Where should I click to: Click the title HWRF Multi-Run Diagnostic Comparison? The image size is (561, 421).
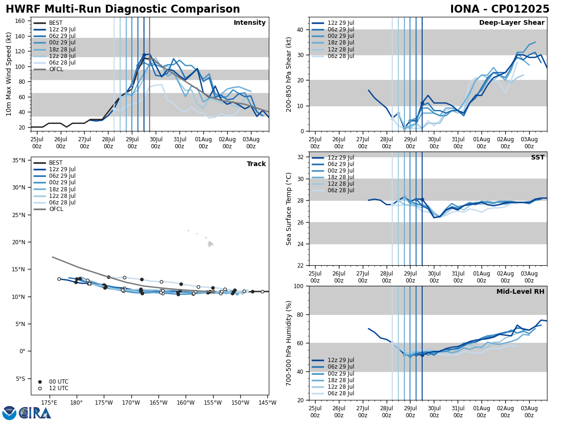click(122, 9)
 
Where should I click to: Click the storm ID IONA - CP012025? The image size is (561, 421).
click(499, 9)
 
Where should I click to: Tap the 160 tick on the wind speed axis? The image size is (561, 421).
click(21, 21)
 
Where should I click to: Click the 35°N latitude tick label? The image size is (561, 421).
click(18, 160)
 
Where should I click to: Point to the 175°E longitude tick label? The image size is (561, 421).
click(49, 403)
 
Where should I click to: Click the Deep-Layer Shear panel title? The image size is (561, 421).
click(511, 23)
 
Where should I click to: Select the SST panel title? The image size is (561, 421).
click(537, 158)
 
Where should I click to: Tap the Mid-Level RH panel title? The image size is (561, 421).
click(520, 292)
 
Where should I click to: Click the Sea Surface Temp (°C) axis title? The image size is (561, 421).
click(289, 209)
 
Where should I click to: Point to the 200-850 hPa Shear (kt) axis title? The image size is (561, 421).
click(289, 74)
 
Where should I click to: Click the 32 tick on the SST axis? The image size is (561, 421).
click(299, 157)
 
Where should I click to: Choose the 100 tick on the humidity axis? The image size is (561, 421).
click(297, 286)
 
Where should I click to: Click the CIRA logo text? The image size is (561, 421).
click(36, 413)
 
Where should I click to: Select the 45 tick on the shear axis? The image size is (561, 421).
click(299, 17)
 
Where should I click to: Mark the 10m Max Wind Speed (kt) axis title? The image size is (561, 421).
click(9, 74)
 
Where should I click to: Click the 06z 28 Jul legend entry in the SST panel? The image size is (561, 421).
click(341, 190)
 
